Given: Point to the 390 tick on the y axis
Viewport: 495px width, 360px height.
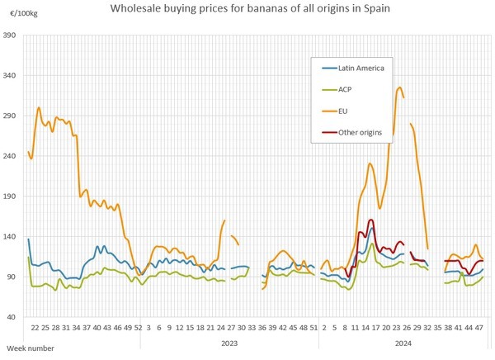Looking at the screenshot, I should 11,36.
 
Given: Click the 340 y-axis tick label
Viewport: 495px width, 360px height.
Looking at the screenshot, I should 11,76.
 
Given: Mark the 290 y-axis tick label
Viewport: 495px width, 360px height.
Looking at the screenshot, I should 11,116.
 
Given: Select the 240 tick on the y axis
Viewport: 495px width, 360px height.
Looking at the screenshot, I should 11,157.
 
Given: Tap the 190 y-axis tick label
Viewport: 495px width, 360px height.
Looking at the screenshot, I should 11,197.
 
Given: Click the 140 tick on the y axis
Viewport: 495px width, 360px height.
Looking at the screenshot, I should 11,237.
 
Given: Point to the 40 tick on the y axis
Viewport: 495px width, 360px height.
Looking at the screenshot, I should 12,317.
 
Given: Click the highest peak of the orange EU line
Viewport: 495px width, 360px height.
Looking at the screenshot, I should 400,88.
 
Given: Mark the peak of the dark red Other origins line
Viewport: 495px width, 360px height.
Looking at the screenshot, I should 371,220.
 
